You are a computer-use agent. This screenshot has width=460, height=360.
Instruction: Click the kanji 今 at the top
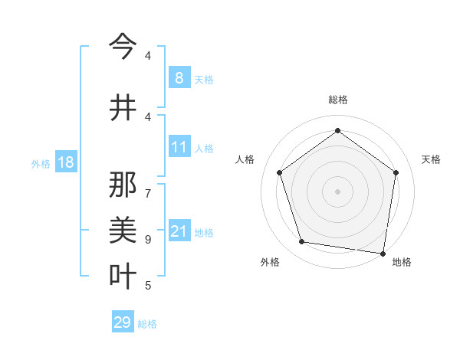(x=123, y=47)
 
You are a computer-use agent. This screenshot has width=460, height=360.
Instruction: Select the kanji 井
(x=123, y=108)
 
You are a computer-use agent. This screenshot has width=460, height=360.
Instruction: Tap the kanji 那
(x=123, y=185)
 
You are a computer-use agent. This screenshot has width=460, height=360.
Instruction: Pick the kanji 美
(x=123, y=231)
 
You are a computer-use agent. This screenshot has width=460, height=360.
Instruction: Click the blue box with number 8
(x=179, y=78)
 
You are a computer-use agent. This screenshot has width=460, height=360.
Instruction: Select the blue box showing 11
(x=179, y=147)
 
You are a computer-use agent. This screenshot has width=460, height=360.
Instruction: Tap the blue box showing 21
(x=179, y=231)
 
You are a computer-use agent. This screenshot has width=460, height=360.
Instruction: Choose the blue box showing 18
(x=65, y=162)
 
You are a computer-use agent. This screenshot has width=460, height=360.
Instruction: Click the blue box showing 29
(x=123, y=322)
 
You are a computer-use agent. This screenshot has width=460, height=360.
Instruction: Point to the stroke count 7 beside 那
(x=148, y=186)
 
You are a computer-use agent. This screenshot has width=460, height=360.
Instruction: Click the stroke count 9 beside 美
(x=148, y=239)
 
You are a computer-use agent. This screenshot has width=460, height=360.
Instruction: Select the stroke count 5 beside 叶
(x=148, y=286)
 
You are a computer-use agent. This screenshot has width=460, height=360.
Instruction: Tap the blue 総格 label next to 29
(x=147, y=324)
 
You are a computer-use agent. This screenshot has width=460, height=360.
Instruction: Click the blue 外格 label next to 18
(x=40, y=163)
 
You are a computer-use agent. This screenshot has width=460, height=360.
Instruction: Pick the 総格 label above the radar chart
(x=337, y=100)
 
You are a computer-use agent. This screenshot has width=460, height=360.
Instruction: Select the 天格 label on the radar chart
(x=431, y=159)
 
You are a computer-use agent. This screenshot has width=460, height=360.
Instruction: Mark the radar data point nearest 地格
(x=383, y=253)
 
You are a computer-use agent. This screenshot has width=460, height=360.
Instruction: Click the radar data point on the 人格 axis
(x=280, y=173)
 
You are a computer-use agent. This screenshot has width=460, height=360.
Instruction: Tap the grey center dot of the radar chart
(x=337, y=191)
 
